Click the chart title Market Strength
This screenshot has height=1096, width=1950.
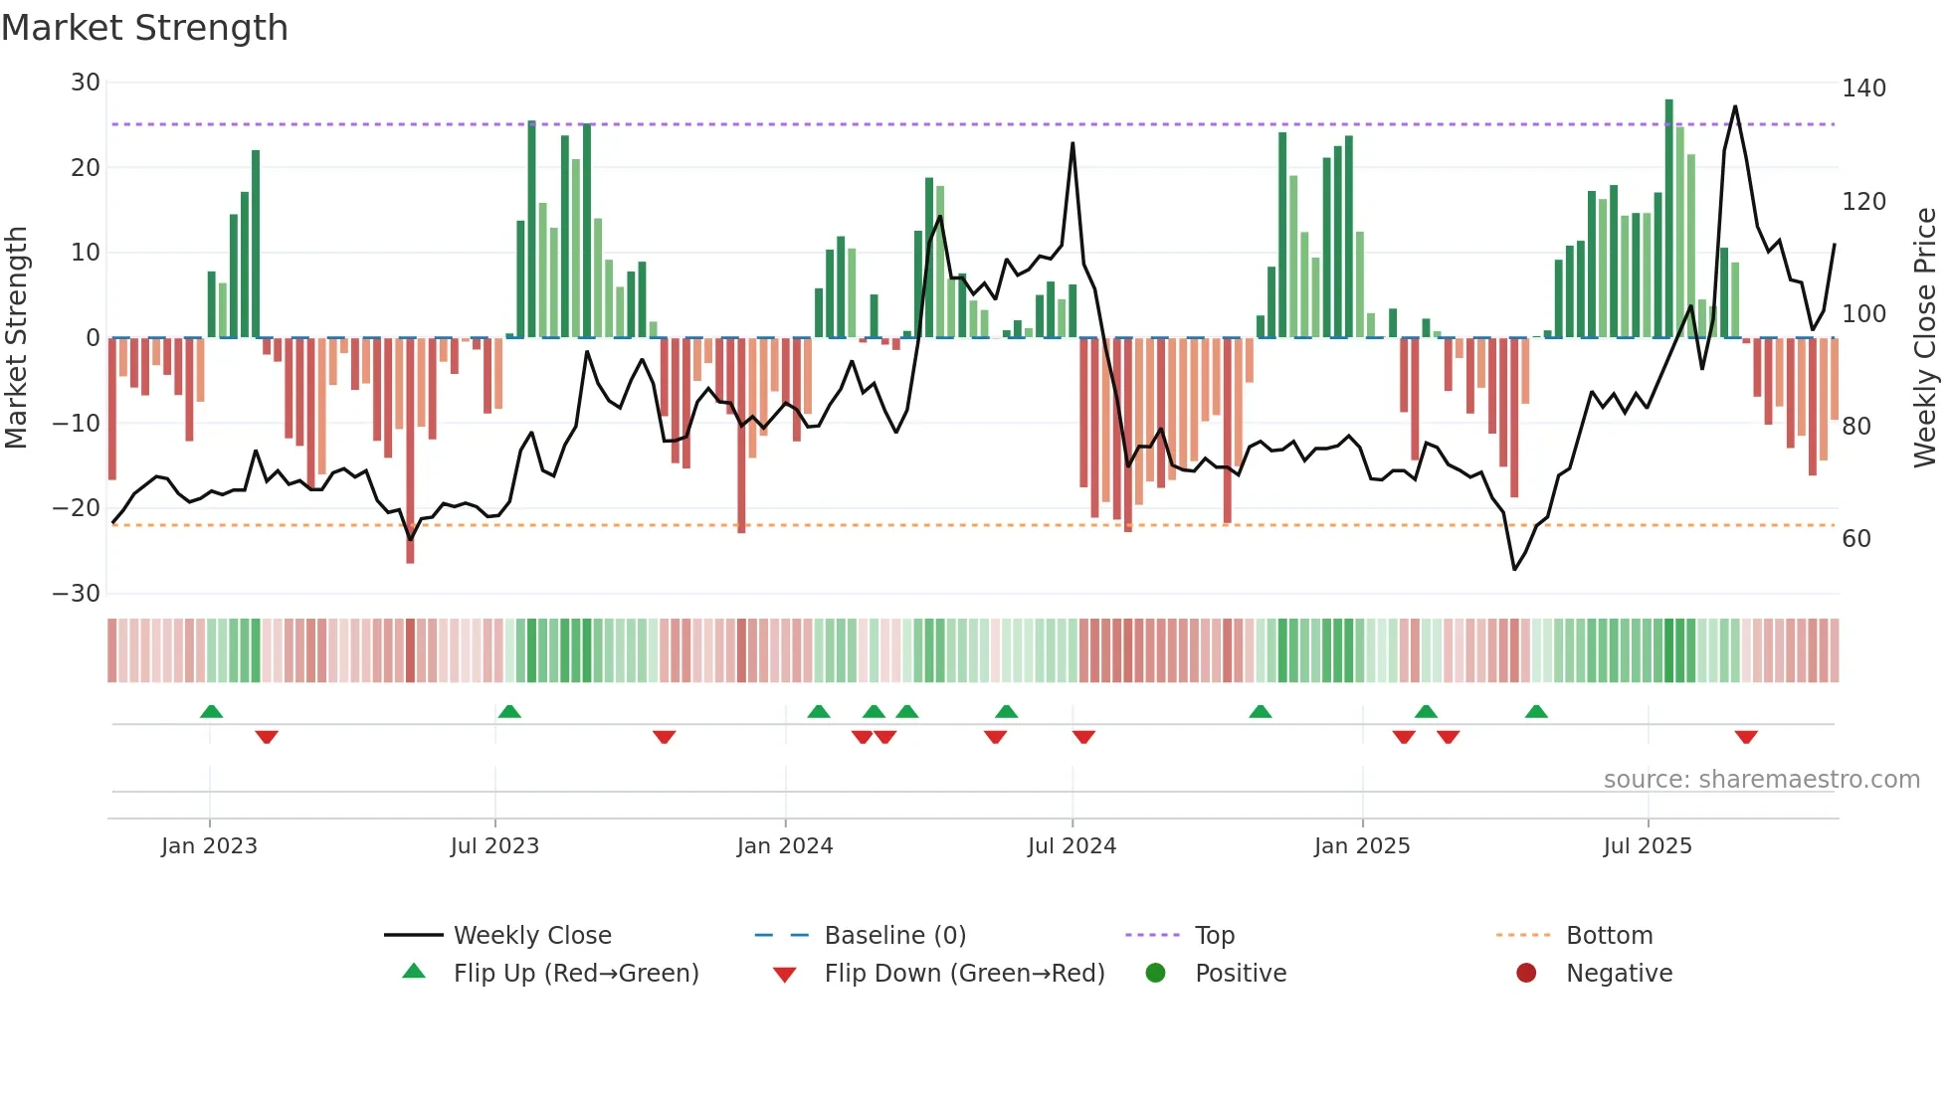pos(144,28)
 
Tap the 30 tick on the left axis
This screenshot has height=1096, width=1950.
pos(86,83)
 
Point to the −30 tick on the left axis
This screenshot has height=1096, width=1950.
pos(77,594)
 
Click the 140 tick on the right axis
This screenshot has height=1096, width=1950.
pos(1863,89)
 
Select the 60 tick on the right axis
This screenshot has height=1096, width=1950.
pos(1856,539)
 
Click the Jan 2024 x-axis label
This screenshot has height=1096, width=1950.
pos(785,846)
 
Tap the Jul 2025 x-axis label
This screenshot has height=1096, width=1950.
pos(1648,846)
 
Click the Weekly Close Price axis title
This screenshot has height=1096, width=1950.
pos(1925,338)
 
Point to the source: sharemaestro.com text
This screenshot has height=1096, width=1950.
pos(1761,780)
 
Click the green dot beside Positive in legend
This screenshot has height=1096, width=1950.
pos(1155,973)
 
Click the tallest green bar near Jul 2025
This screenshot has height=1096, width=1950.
pos(1669,219)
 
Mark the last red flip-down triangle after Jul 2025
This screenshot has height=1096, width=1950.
pos(1746,737)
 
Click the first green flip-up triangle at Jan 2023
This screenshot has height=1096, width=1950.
pos(211,711)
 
